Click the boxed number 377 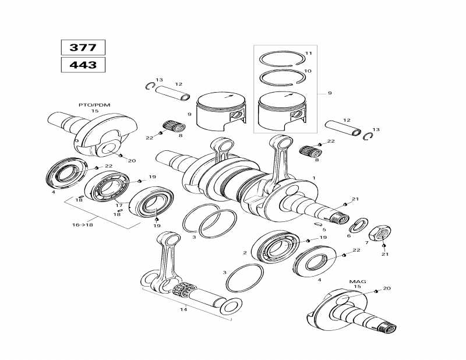[83, 48]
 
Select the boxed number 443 [83, 65]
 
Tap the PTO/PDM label [94, 104]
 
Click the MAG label [357, 281]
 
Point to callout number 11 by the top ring [308, 54]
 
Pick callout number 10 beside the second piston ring [308, 71]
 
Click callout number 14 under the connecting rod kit [183, 309]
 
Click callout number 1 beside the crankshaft [313, 178]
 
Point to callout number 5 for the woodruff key [324, 230]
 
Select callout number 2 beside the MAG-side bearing [245, 252]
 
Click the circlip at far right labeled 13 [368, 136]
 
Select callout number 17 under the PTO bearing [119, 205]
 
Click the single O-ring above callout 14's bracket [244, 278]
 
